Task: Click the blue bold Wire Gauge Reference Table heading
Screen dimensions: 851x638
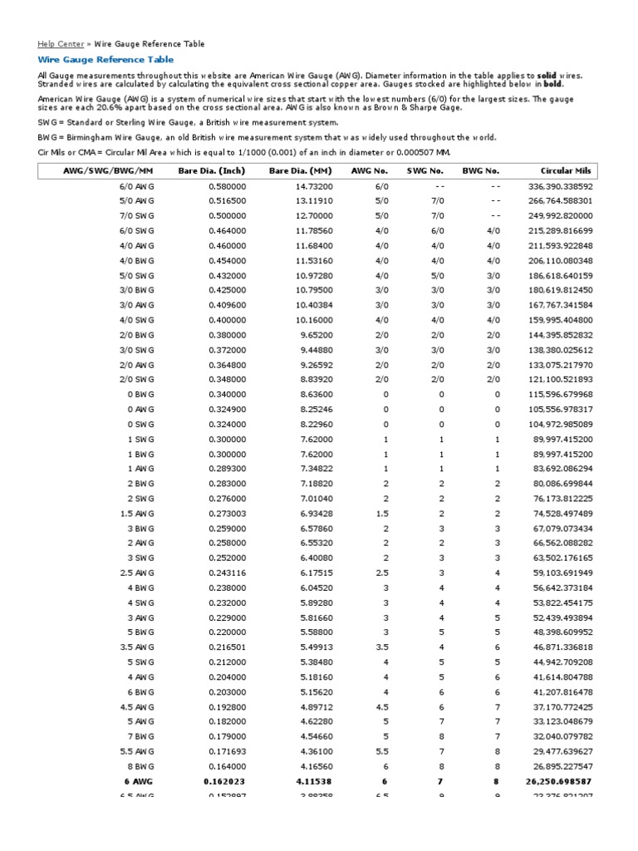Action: point(106,60)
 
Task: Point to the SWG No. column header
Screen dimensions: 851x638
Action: point(425,171)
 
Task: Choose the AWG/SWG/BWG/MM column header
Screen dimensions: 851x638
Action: point(109,171)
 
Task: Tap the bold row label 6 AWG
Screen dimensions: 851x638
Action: point(140,783)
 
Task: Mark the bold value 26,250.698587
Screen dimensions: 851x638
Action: point(558,783)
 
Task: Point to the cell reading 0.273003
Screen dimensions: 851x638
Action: point(227,514)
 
